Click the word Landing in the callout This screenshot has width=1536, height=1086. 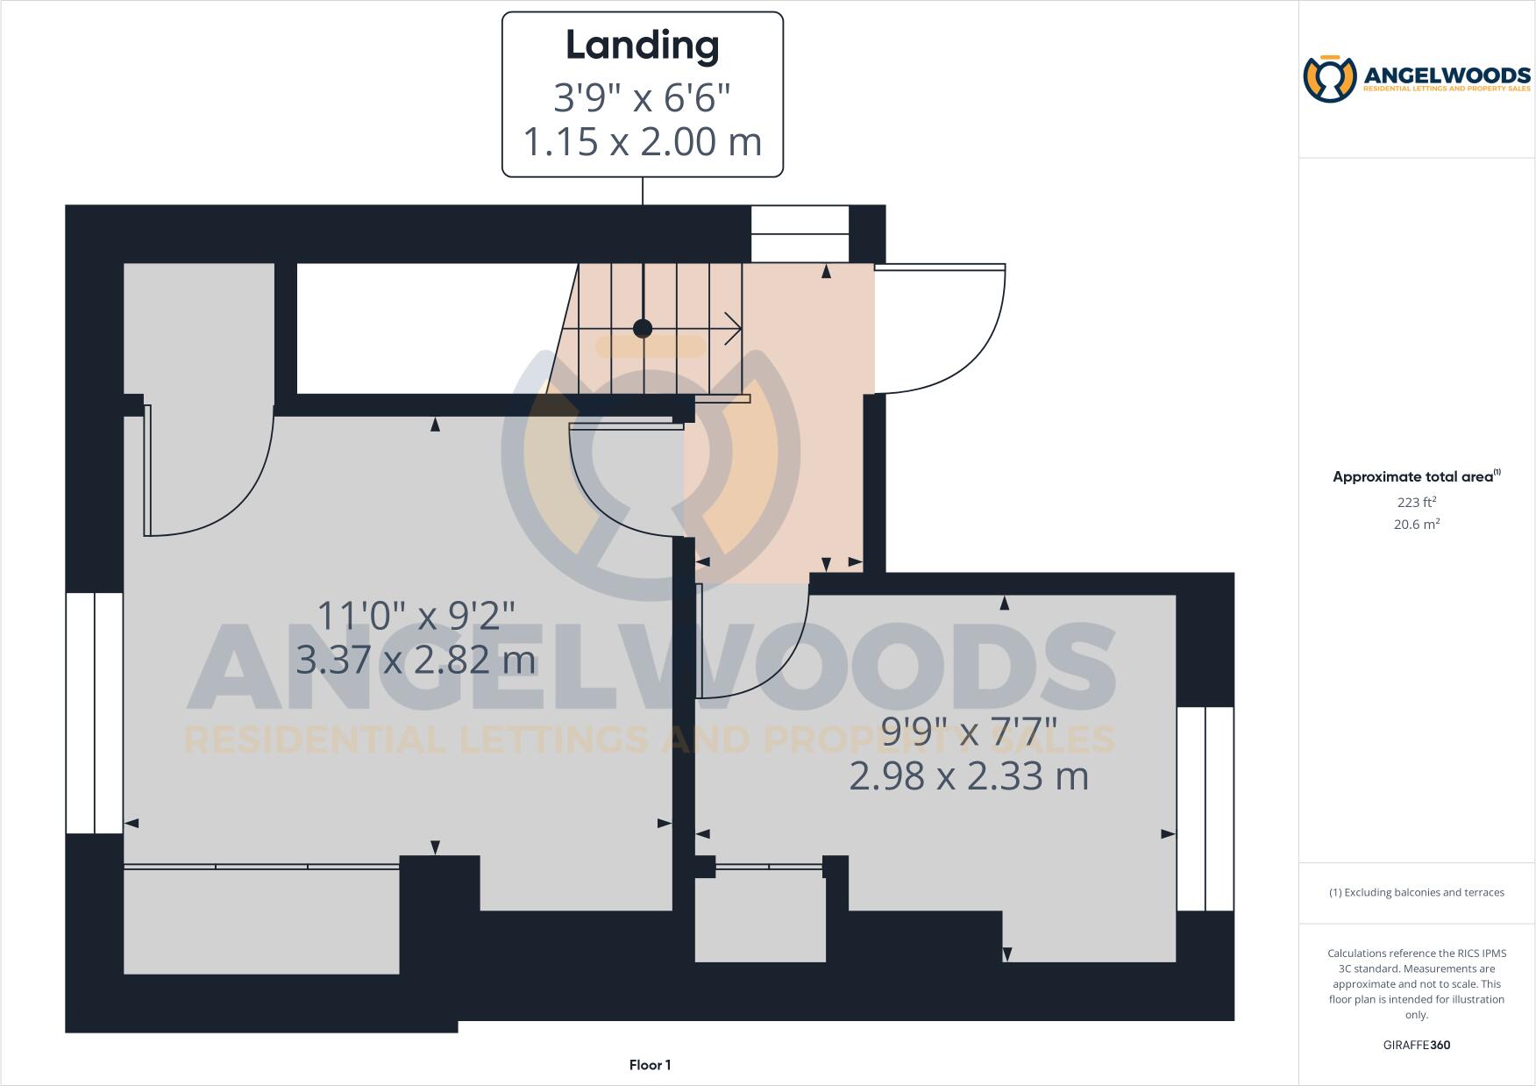pos(642,46)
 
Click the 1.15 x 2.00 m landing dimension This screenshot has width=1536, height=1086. pos(642,142)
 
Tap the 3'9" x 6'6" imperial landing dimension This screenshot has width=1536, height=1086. pos(642,97)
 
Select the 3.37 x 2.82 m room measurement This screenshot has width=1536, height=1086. pos(416,660)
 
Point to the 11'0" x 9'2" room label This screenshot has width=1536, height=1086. pos(416,615)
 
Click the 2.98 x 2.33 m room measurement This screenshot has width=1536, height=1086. pos(969,776)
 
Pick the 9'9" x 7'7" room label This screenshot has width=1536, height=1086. pos(969,731)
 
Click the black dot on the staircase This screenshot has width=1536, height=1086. pos(643,329)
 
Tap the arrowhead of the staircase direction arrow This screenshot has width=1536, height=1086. pos(735,329)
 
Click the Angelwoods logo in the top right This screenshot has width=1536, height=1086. pos(1416,79)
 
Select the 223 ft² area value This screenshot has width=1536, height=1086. pos(1416,503)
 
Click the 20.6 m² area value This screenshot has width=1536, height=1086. pos(1416,525)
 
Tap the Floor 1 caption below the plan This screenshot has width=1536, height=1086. pos(650,1065)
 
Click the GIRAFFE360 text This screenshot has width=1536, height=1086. pos(1416,1045)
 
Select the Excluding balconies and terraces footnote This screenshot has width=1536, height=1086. pos(1416,892)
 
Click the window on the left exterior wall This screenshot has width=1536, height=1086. pos(95,712)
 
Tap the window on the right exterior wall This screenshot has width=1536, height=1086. pos(1205,808)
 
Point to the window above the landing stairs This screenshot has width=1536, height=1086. pos(800,233)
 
